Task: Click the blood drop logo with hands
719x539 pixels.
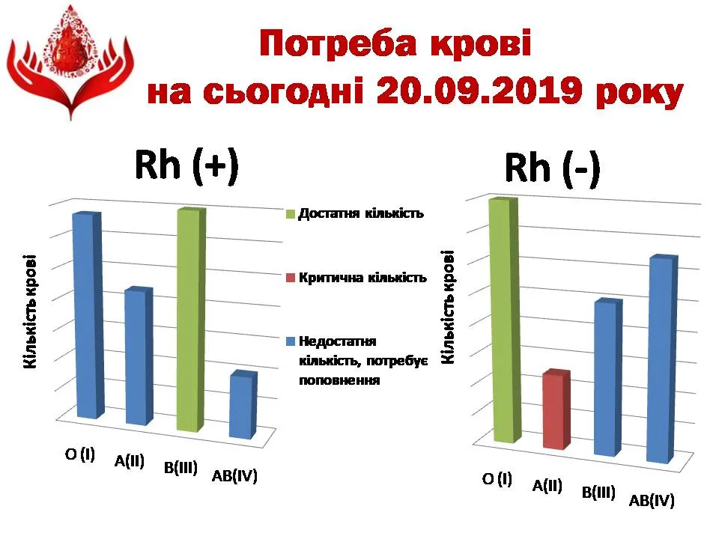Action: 70,62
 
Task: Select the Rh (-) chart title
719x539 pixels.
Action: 552,168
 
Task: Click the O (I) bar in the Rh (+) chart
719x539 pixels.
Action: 89,315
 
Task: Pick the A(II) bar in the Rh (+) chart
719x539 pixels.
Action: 139,356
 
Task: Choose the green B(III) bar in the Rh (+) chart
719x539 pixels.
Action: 191,320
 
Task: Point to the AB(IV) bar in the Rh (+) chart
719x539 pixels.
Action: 243,405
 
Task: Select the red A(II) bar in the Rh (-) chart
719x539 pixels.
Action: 556,409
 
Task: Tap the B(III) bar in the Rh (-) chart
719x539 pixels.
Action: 608,377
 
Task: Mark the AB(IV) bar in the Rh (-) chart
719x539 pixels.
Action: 661,359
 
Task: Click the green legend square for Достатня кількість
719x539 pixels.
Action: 291,214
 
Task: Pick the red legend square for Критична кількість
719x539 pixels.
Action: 291,278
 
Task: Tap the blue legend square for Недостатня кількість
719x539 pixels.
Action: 291,341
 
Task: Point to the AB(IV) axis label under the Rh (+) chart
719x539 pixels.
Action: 234,476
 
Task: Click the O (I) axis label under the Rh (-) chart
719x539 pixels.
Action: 497,479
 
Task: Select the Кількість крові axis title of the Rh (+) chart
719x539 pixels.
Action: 30,311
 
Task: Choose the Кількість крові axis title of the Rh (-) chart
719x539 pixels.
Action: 448,307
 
